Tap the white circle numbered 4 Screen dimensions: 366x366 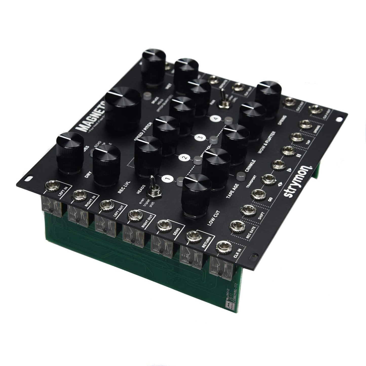pos(216,119)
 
